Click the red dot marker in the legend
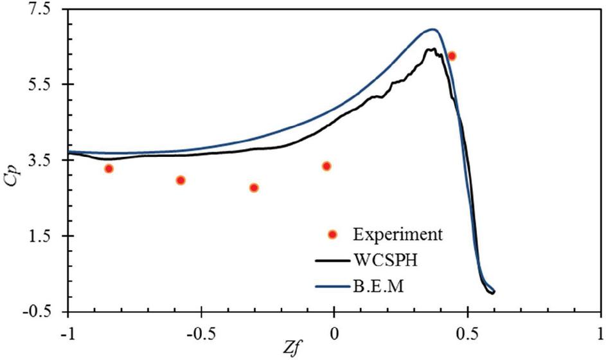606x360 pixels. [333, 233]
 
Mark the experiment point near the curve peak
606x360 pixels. [452, 56]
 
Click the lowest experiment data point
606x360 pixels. [254, 188]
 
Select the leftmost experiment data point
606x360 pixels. [109, 168]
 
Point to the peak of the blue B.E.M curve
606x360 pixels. [433, 29]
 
